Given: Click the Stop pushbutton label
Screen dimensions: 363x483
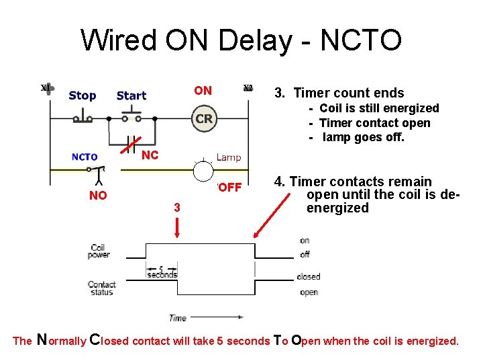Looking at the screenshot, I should pyautogui.click(x=82, y=95).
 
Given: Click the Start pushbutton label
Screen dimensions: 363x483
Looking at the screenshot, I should pyautogui.click(x=131, y=95).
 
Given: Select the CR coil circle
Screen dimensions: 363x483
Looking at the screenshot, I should pyautogui.click(x=204, y=119).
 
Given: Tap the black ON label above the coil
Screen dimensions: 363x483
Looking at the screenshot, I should pyautogui.click(x=203, y=91).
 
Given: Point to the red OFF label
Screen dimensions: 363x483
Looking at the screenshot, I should pyautogui.click(x=229, y=187).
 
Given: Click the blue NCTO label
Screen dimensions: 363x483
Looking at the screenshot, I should pyautogui.click(x=85, y=157).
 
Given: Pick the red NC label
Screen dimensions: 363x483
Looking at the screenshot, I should pyautogui.click(x=150, y=155).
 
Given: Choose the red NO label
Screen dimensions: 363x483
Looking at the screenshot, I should pyautogui.click(x=98, y=196).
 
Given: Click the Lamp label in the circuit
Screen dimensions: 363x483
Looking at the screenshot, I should pyautogui.click(x=229, y=157).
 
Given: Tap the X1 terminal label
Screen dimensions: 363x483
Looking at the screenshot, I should pyautogui.click(x=44, y=88).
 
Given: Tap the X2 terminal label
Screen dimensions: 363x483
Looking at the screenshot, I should pyautogui.click(x=248, y=88).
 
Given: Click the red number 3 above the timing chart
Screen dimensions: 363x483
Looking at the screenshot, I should pyautogui.click(x=176, y=208).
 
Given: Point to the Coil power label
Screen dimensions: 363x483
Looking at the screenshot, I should pyautogui.click(x=99, y=251).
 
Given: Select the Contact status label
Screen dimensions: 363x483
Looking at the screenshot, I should pyautogui.click(x=101, y=288).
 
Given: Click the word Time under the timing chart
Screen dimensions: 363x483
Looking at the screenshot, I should pyautogui.click(x=178, y=318).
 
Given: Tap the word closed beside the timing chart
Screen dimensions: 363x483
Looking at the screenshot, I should pyautogui.click(x=309, y=276).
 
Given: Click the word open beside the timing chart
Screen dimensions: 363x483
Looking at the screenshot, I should pyautogui.click(x=309, y=292).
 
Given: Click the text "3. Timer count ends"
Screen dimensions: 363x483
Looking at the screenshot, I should pyautogui.click(x=349, y=93).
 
